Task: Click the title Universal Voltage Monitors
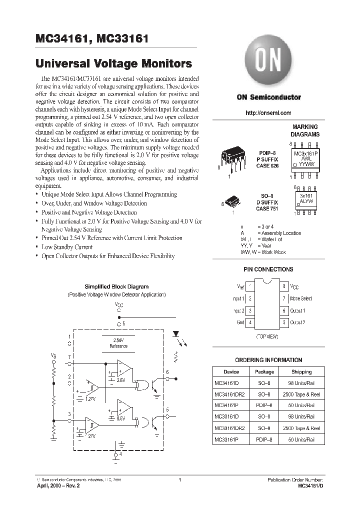(114, 64)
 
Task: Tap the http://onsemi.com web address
(268, 113)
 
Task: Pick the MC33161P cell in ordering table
(229, 440)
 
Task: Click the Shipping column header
(301, 371)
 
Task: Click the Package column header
(264, 371)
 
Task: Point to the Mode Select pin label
(300, 298)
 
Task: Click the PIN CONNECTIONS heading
(268, 269)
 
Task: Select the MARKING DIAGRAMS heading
(305, 131)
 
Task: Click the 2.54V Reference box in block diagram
(118, 343)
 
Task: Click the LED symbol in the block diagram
(175, 333)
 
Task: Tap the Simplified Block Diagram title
(116, 286)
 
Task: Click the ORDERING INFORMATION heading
(268, 360)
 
